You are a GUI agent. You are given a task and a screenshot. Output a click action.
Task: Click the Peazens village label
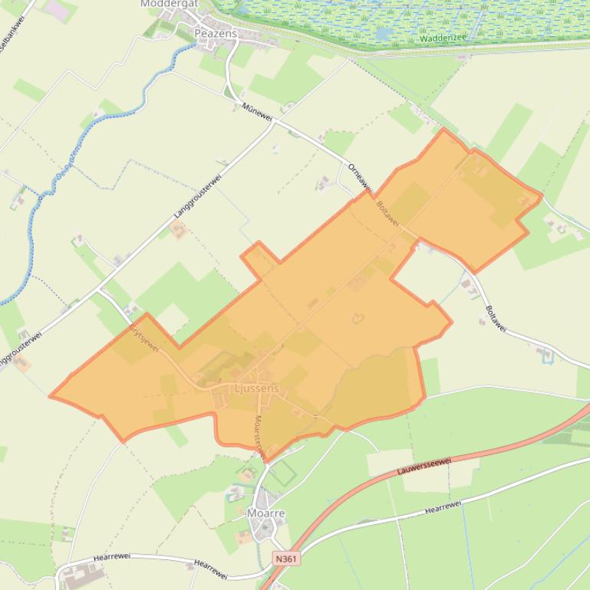[x=216, y=34]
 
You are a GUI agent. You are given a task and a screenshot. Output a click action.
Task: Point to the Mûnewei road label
[x=256, y=111]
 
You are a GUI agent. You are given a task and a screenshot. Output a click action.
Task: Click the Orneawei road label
[x=359, y=177]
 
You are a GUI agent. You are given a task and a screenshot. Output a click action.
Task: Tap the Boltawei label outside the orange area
[x=496, y=319]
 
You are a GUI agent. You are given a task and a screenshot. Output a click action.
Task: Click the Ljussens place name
[x=257, y=389]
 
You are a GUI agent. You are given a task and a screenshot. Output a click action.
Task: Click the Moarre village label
[x=265, y=513]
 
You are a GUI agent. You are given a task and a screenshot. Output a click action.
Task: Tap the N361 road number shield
[x=285, y=559]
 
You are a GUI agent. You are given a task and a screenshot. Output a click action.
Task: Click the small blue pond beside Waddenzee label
[x=383, y=34]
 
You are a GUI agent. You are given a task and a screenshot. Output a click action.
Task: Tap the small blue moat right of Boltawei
[x=547, y=355]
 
